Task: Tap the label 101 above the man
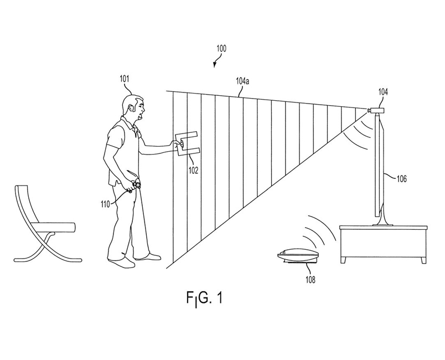pos(125,79)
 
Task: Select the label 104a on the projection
pos(242,81)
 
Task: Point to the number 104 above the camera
pos(383,92)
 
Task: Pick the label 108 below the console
pos(310,280)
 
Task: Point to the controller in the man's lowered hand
pos(133,183)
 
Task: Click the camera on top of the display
pos(378,110)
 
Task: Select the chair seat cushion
pos(54,226)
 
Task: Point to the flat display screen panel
pos(380,166)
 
